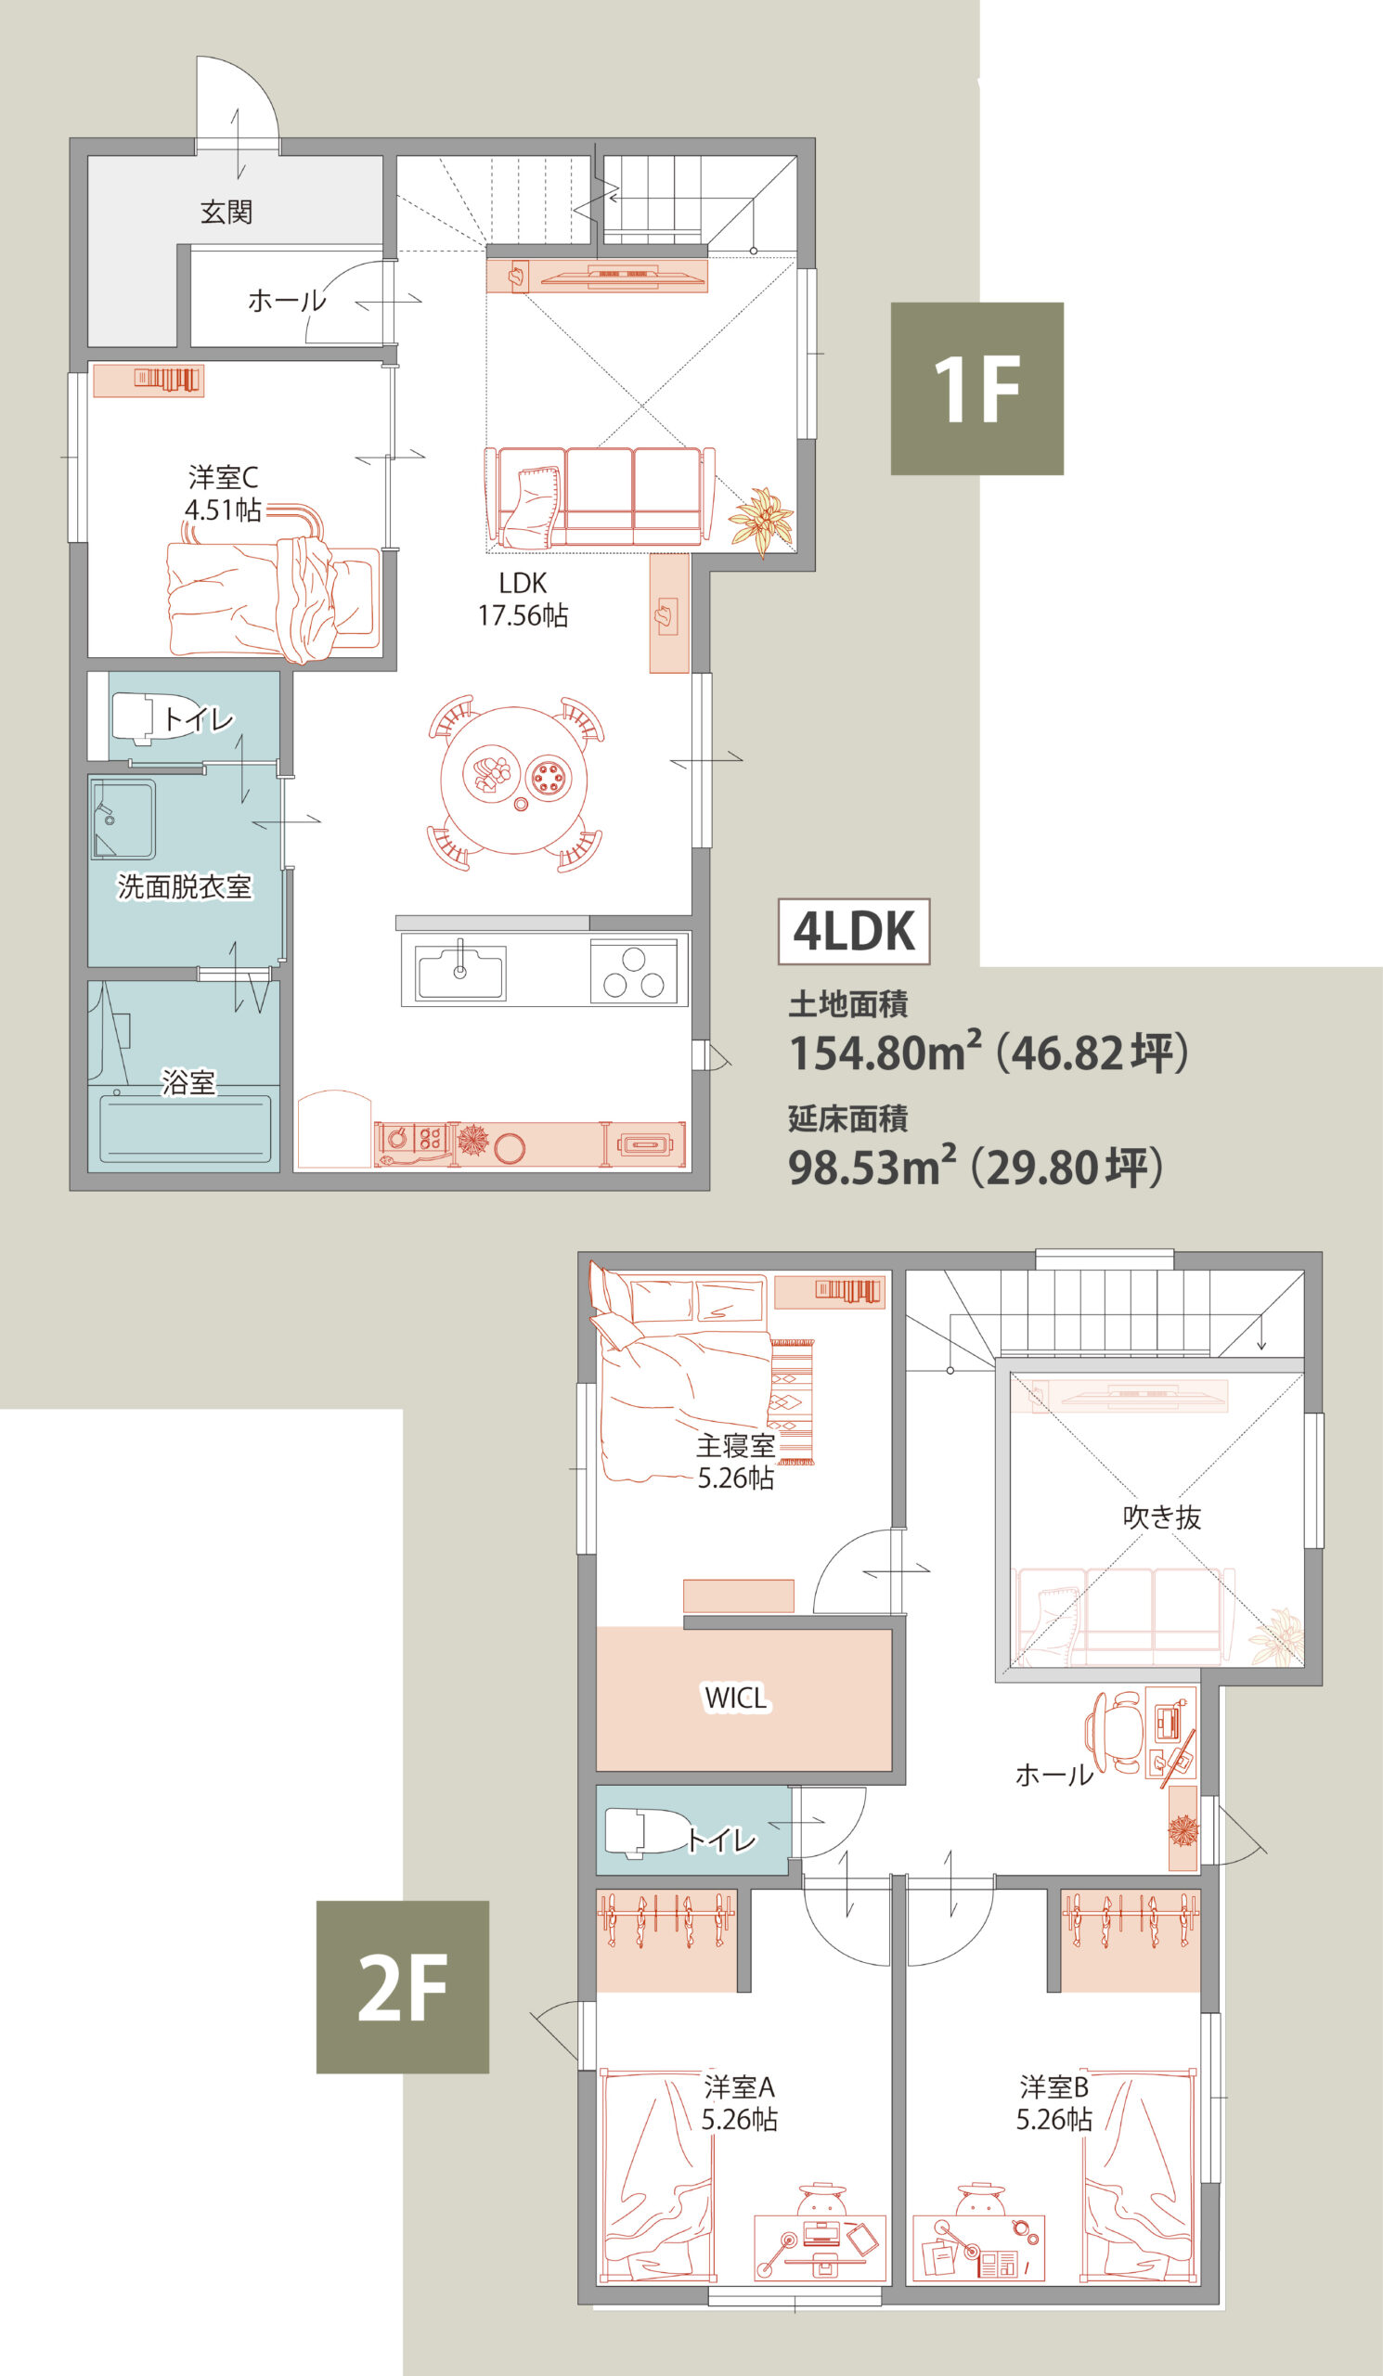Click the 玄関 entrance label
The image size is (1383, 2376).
(226, 213)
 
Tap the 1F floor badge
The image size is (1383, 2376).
(976, 389)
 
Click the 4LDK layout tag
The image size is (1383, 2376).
(854, 931)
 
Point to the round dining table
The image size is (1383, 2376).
(514, 780)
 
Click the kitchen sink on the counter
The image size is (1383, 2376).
(461, 971)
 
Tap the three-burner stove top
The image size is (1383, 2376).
(634, 971)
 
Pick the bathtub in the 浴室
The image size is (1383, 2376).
(185, 1128)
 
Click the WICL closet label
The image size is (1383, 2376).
(736, 1698)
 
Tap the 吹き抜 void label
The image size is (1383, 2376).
(1161, 1517)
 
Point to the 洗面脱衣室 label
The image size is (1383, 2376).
(185, 886)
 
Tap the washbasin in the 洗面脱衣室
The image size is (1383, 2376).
(123, 819)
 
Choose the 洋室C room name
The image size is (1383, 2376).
(223, 477)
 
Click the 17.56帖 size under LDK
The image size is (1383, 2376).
(523, 615)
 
